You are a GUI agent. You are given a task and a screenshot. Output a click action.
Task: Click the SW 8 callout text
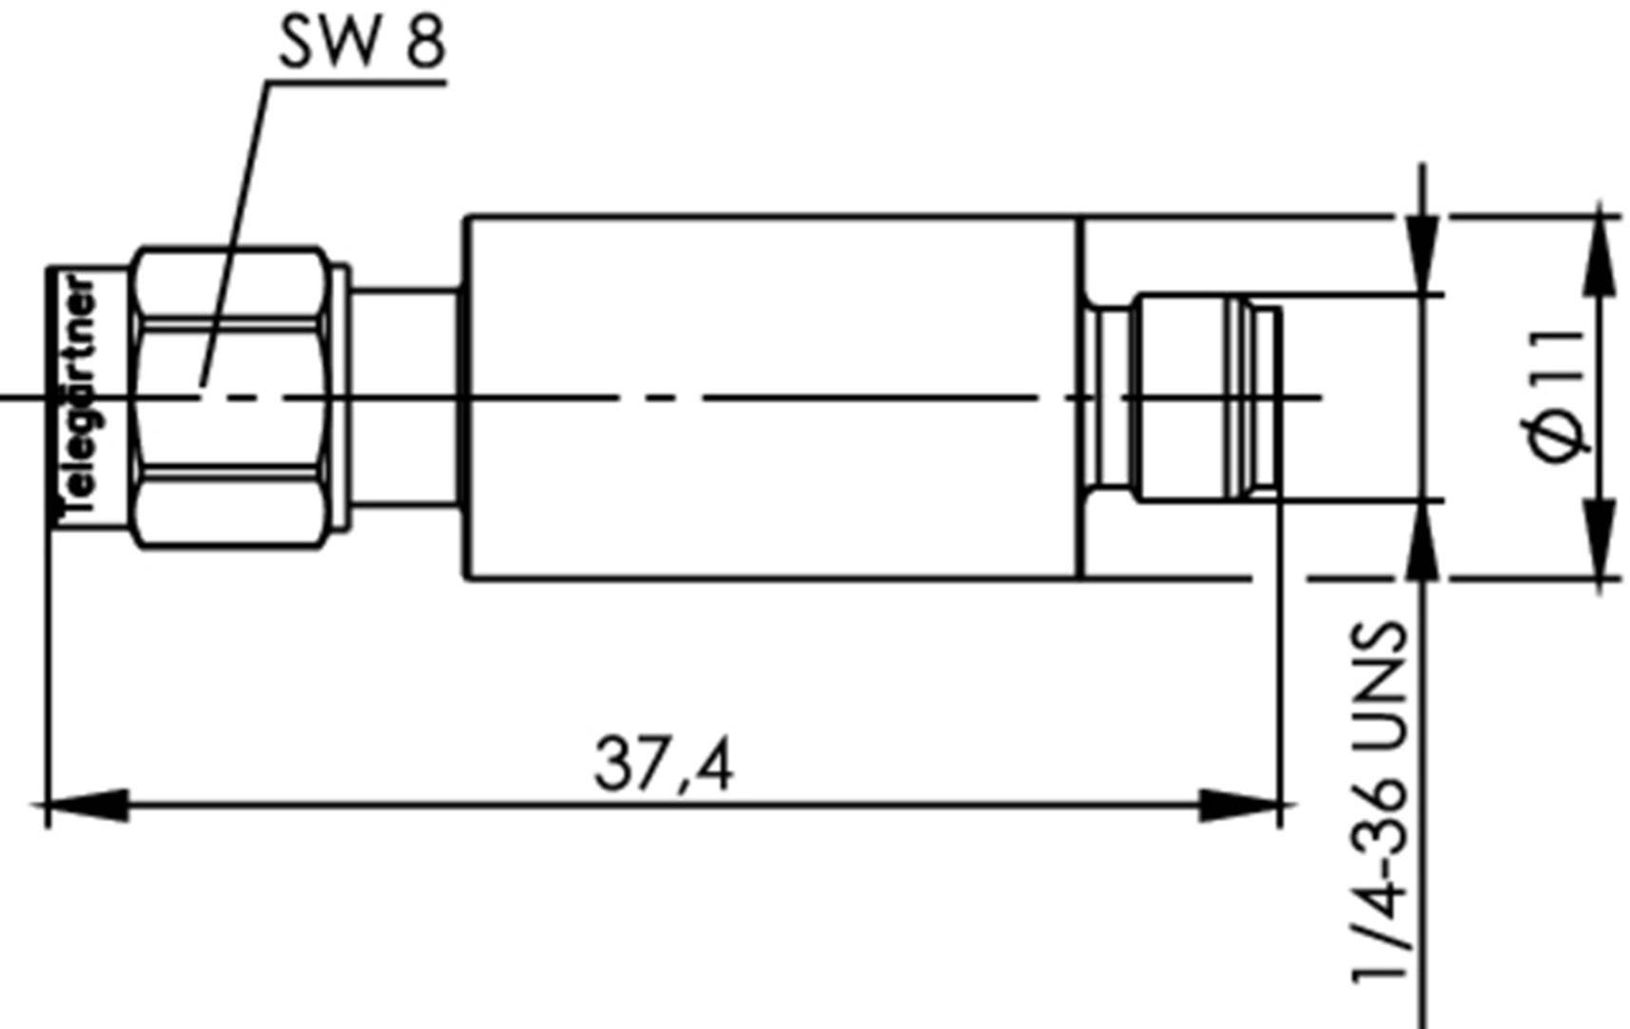pyautogui.click(x=361, y=43)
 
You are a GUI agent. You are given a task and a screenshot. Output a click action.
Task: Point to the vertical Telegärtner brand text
pyautogui.click(x=78, y=399)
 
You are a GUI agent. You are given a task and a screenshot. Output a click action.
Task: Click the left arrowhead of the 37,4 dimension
pyautogui.click(x=86, y=806)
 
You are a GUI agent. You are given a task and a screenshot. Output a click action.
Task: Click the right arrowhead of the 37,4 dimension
pyautogui.click(x=1241, y=806)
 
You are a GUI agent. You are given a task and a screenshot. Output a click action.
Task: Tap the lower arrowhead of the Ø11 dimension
pyautogui.click(x=1601, y=537)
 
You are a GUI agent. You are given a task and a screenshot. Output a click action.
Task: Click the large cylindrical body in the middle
pyautogui.click(x=770, y=398)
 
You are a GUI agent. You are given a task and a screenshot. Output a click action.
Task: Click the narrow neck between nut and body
pyautogui.click(x=404, y=398)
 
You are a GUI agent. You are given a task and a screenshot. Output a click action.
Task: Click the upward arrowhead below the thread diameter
pyautogui.click(x=1423, y=542)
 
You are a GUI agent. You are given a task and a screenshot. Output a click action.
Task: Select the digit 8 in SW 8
pyautogui.click(x=425, y=43)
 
